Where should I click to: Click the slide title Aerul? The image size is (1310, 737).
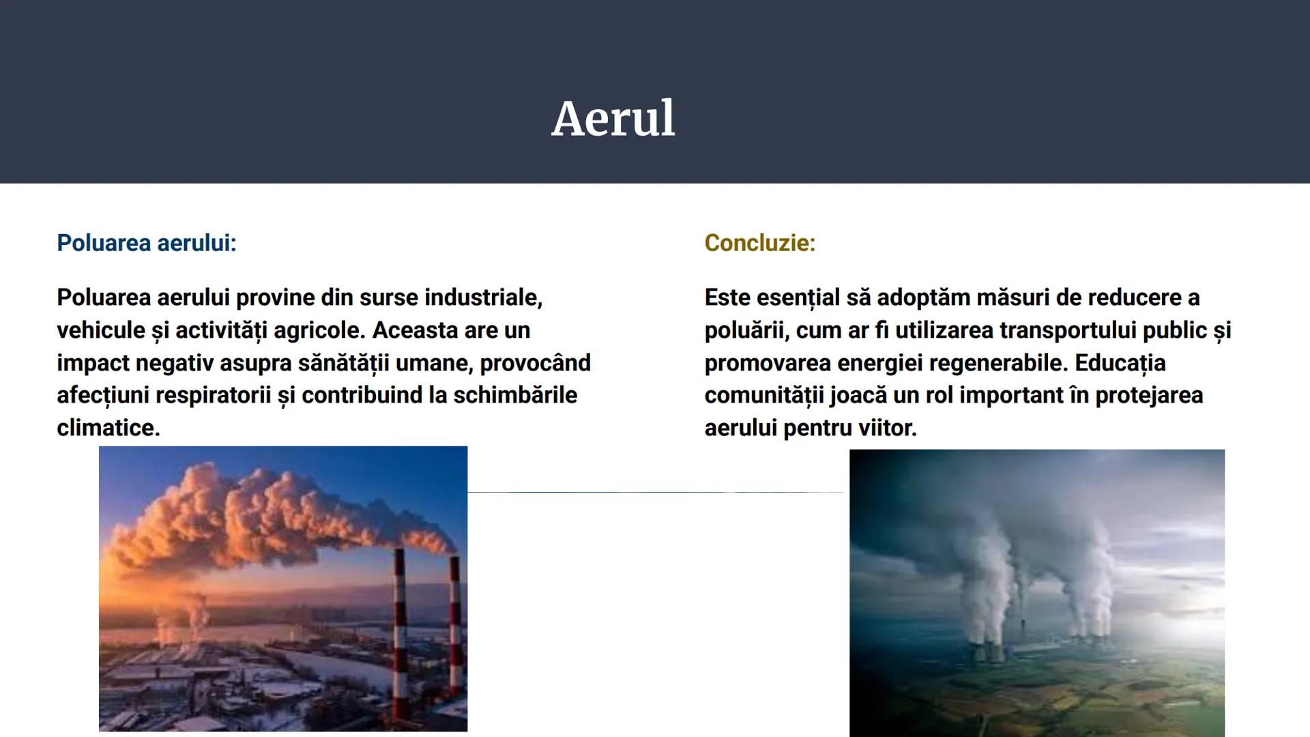pyautogui.click(x=613, y=119)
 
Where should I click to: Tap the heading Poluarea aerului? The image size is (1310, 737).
pyautogui.click(x=146, y=243)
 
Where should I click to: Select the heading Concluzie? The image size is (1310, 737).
pyautogui.click(x=759, y=243)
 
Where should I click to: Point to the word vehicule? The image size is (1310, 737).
pyautogui.click(x=101, y=330)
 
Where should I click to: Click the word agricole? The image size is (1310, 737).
pyautogui.click(x=319, y=330)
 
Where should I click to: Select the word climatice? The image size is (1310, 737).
pyautogui.click(x=108, y=429)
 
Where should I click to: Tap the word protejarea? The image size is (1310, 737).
pyautogui.click(x=1148, y=396)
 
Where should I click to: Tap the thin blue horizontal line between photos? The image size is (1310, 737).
pyautogui.click(x=655, y=491)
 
